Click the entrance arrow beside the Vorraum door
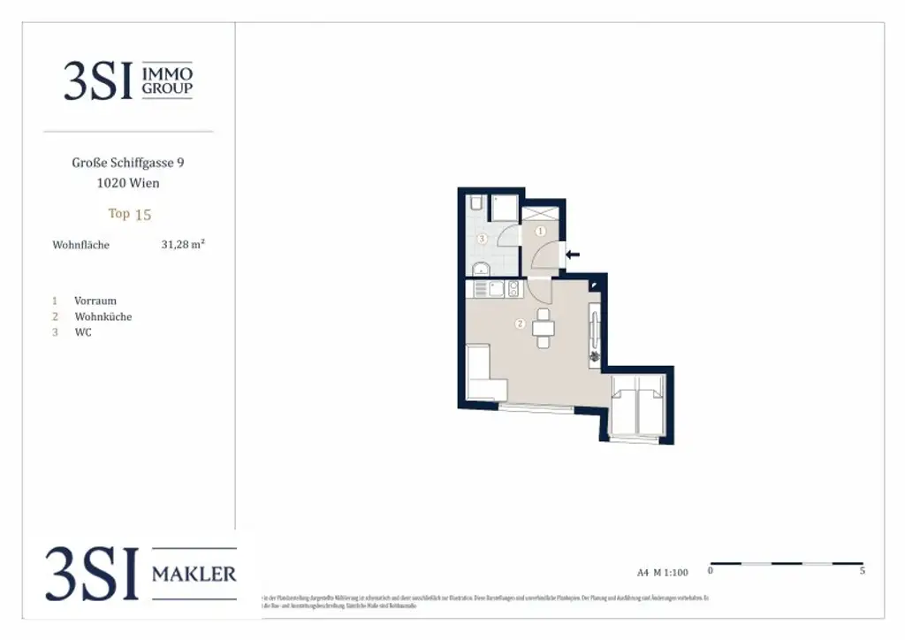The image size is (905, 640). point(572,255)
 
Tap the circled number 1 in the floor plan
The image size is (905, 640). point(542,232)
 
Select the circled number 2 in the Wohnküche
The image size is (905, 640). point(521,324)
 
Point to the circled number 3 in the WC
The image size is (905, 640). point(482,239)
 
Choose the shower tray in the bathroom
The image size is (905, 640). point(505,208)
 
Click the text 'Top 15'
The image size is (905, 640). point(130,214)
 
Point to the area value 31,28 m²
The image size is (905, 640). point(183,245)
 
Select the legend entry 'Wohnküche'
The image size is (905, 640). point(103,316)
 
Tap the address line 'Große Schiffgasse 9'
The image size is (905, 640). point(128,163)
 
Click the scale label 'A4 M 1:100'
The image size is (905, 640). point(662,572)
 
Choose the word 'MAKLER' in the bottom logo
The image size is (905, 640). point(194,575)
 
